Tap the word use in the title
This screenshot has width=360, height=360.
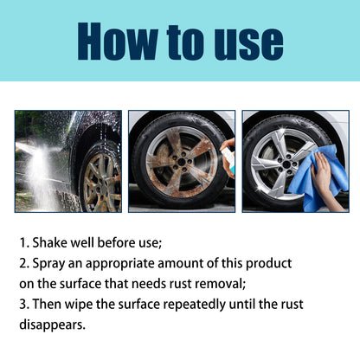click(245, 42)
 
